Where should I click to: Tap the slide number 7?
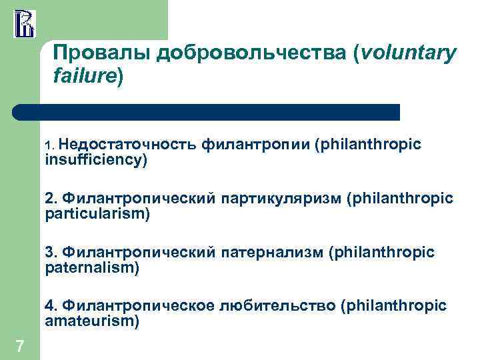[20, 345]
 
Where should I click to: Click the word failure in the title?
[84, 77]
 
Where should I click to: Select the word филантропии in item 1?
[255, 145]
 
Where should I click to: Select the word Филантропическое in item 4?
[136, 305]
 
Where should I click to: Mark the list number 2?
[50, 198]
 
